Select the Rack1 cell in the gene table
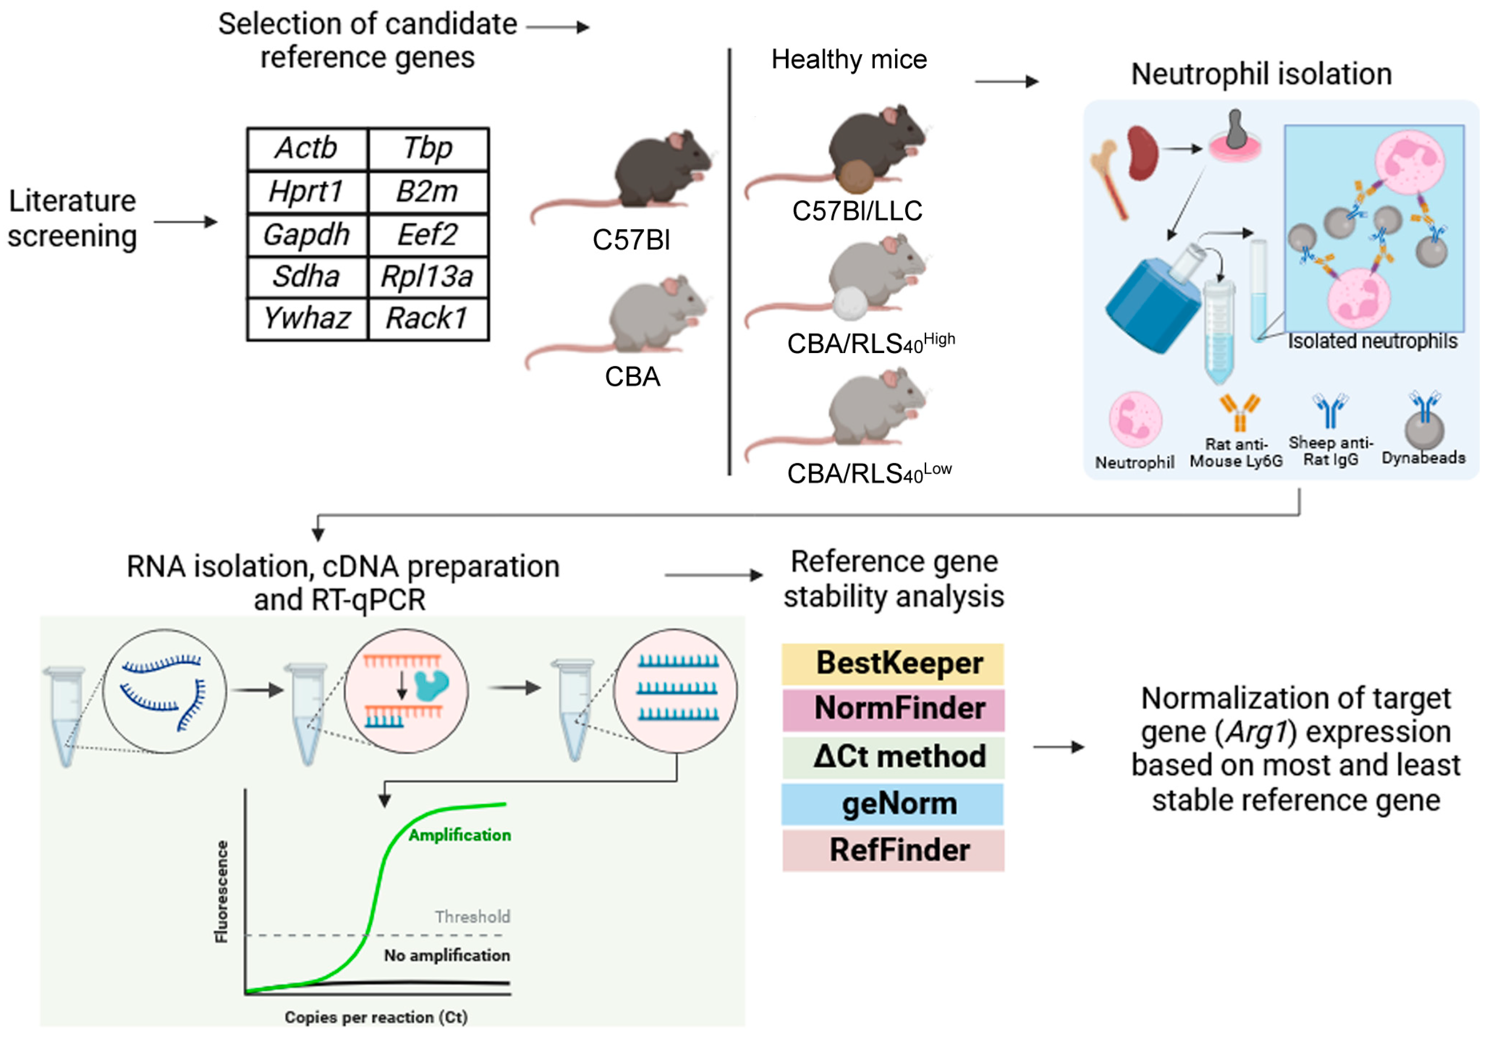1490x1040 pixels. (427, 318)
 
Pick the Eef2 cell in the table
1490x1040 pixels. (427, 234)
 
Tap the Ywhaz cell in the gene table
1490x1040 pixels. (306, 318)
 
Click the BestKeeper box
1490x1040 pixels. (892, 663)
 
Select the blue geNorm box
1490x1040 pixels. (892, 804)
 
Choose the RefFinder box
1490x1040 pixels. (892, 851)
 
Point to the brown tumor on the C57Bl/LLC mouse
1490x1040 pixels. (857, 176)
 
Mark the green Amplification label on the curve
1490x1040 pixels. (459, 835)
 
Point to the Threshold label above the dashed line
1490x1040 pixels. (472, 917)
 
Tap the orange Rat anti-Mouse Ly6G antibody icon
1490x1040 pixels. (1239, 413)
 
